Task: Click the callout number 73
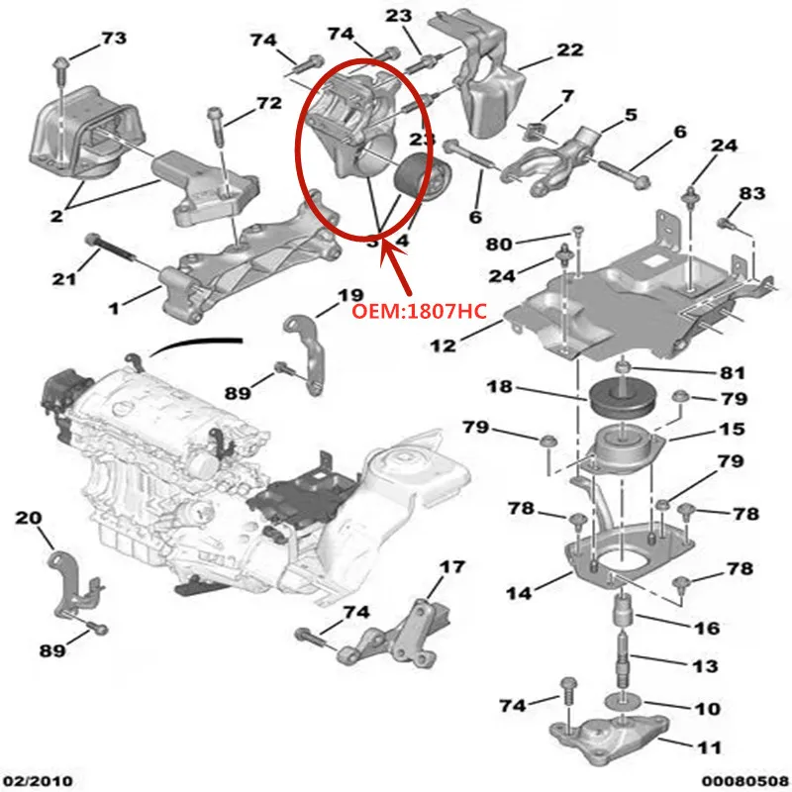click(x=114, y=39)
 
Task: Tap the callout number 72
click(x=268, y=103)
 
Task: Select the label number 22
click(x=569, y=49)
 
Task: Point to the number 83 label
click(x=751, y=194)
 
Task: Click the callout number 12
click(x=444, y=346)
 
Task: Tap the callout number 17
click(x=451, y=567)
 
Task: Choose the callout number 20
click(x=29, y=517)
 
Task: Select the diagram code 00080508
click(x=746, y=780)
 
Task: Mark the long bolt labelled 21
click(x=124, y=251)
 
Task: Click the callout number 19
click(x=351, y=296)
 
